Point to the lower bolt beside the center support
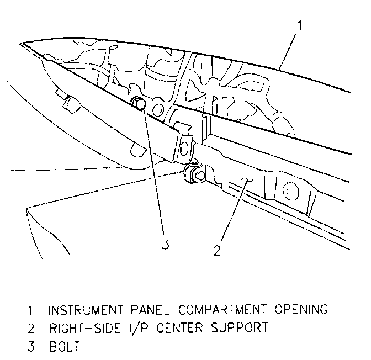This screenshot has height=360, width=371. point(198,175)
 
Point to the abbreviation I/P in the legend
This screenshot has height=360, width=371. point(130,328)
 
